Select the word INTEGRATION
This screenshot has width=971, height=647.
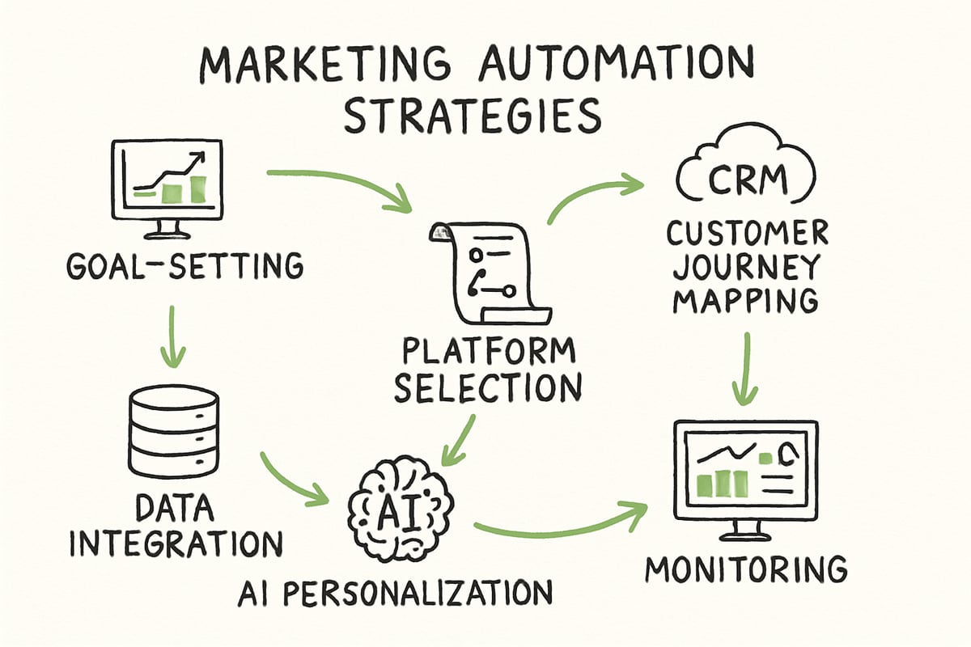(175, 543)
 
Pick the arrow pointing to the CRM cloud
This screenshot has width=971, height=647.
(591, 194)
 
